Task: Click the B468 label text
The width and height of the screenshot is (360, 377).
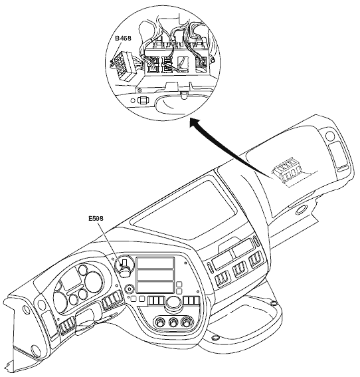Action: pos(123,38)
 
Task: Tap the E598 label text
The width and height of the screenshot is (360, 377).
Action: pos(96,218)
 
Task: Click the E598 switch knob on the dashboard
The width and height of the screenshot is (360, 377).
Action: pos(125,269)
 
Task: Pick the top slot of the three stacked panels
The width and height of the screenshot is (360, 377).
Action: pos(155,263)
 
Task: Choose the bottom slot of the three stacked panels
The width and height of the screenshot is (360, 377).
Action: pos(155,287)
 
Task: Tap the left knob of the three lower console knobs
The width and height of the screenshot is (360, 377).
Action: pos(159,322)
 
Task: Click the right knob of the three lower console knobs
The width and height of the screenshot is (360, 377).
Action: pos(185,322)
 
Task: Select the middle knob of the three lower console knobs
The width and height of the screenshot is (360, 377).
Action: pos(172,322)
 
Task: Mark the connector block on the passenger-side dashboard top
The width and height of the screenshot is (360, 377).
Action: pos(286,172)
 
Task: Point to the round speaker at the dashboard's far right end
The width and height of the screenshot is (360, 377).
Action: pos(329,136)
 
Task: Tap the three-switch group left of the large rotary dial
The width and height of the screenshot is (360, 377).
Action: pos(156,301)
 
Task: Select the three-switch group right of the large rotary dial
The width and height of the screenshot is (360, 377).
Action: pos(191,301)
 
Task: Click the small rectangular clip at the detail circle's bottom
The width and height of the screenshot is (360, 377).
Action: pos(143,100)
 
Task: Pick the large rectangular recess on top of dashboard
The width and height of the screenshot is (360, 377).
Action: pos(183,207)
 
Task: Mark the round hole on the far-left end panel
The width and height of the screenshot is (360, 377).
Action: pos(25,310)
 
